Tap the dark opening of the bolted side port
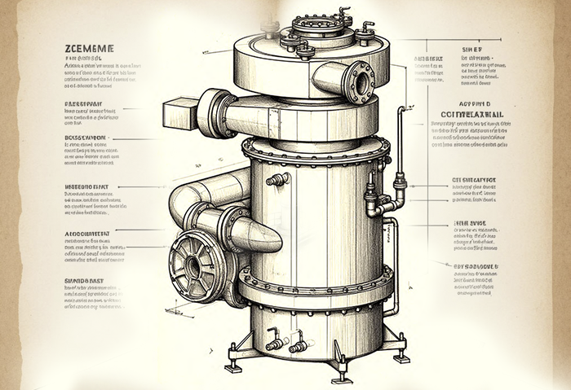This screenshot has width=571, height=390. click(x=357, y=81)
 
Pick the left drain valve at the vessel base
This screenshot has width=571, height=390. click(x=275, y=343)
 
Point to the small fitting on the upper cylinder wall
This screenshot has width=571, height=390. click(x=278, y=179)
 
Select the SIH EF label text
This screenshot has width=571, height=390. click(x=472, y=49)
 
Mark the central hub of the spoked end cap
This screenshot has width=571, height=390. click(x=193, y=266)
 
